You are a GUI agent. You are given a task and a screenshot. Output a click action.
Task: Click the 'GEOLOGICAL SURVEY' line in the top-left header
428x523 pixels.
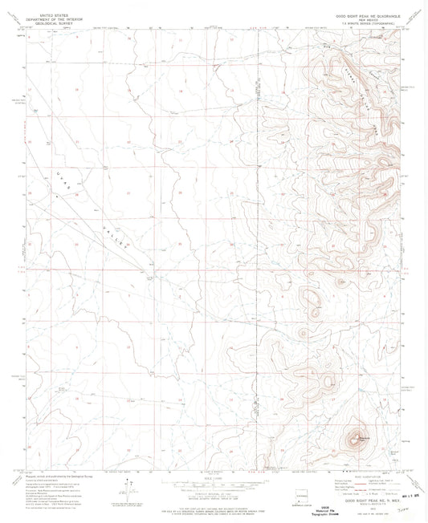[46, 22]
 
